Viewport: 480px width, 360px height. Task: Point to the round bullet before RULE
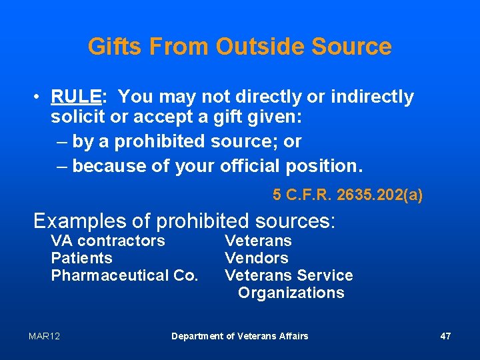39,98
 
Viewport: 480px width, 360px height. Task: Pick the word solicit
75,120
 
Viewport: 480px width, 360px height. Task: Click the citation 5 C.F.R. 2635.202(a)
347,195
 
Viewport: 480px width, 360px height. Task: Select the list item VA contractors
108,241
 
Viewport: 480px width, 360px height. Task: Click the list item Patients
81,258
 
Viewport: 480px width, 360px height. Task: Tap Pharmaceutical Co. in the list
125,275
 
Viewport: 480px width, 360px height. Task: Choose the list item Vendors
257,258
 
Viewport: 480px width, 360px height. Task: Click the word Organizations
291,293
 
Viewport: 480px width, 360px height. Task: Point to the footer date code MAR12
44,336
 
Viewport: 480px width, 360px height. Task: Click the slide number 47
445,336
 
